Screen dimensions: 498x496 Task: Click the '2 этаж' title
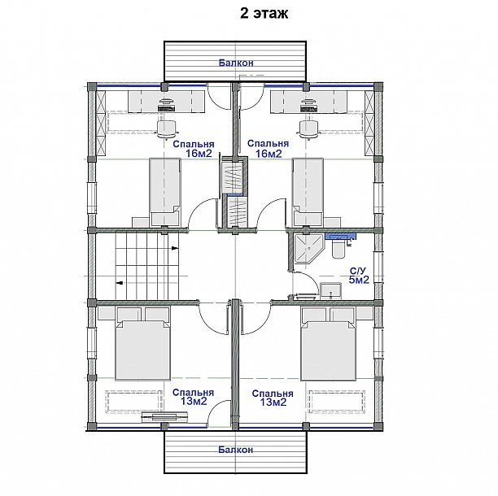point(264,13)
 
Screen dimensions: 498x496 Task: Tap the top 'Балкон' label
point(236,63)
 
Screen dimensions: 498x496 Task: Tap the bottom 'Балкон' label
point(236,450)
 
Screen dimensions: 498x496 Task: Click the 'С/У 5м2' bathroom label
point(359,276)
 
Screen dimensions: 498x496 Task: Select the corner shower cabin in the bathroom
point(308,249)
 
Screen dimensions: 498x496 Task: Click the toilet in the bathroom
point(338,248)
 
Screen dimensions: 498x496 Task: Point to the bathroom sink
point(330,290)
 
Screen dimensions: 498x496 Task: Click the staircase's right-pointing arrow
point(175,248)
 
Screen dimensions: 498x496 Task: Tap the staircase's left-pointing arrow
point(120,283)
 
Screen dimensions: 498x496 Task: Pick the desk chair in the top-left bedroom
point(167,128)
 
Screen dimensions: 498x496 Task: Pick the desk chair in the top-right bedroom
point(308,128)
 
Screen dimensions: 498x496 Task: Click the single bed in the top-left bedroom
point(165,192)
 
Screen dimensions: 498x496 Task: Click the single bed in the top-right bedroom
point(308,192)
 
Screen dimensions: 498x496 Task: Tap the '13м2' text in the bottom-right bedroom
point(273,402)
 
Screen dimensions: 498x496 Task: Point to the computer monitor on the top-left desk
point(167,106)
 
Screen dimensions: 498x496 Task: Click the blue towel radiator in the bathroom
point(340,236)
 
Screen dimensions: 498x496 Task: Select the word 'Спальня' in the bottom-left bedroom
point(193,393)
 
